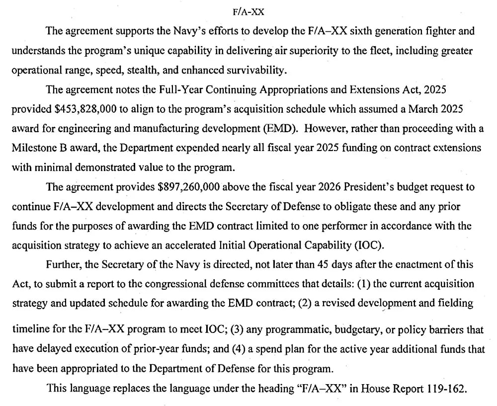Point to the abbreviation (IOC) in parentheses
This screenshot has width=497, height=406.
click(356, 245)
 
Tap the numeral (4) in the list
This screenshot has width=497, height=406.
click(239, 349)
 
